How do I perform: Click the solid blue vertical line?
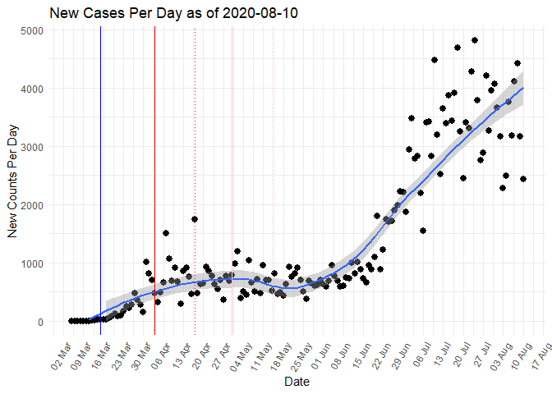pos(100,164)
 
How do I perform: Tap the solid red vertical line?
pos(154,164)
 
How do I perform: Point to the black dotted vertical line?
pos(195,164)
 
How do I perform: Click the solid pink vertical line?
pos(232,164)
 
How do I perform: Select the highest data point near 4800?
pos(475,40)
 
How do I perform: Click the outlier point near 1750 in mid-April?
pos(195,219)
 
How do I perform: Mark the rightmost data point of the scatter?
pos(523,178)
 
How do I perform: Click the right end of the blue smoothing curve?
pos(523,88)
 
